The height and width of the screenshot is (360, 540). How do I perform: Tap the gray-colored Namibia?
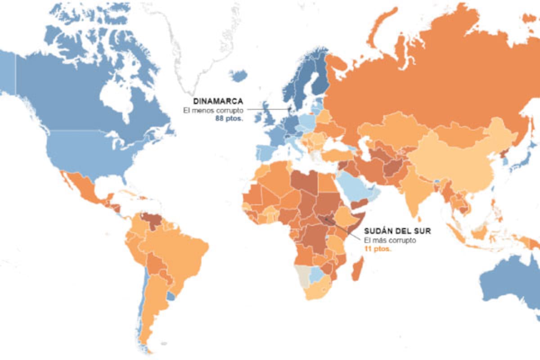301,275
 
